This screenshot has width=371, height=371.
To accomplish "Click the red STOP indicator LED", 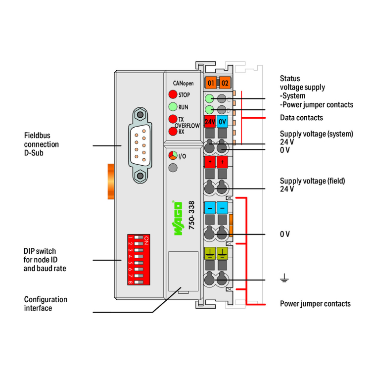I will [173, 94].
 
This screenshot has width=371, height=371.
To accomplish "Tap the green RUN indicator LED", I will [173, 107].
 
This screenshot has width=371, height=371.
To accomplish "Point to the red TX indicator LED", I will [173, 119].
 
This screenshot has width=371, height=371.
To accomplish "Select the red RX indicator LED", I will [173, 132].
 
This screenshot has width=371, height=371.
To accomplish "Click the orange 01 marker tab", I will [211, 83].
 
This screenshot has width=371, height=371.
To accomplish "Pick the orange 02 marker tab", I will [225, 83].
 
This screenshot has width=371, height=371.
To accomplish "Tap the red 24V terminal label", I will [210, 121].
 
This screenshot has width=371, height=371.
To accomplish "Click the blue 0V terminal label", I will [223, 121].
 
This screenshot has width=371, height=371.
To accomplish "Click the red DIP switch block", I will [139, 260].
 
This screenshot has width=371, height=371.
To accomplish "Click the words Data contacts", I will [301, 118].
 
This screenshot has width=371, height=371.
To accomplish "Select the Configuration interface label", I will [46, 304].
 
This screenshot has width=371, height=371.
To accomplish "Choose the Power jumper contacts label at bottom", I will [315, 303].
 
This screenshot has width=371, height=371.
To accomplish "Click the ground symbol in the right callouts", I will [284, 280].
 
